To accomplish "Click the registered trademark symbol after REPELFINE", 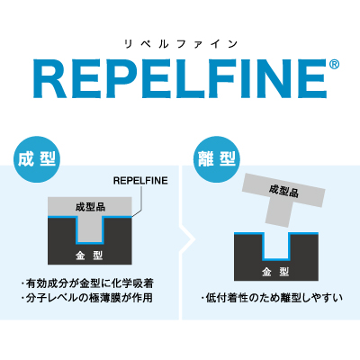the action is point(334,65).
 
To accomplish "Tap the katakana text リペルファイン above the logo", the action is point(181,45).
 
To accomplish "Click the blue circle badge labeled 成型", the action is point(37,159).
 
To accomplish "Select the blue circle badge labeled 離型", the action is point(217,159).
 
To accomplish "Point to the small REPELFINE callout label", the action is point(140,181).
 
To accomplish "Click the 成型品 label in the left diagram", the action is point(90,207).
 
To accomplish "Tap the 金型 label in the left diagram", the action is point(89,256).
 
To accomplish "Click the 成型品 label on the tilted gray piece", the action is point(283,191).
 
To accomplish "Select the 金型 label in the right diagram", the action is point(275,272).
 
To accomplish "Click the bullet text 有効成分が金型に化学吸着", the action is point(87,283).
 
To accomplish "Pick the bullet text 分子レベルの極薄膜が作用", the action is point(87,298).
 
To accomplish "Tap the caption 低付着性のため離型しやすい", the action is point(272,298).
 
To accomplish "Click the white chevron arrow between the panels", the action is point(188,239).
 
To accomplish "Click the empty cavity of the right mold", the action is point(276,246).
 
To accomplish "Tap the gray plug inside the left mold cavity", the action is point(90,228).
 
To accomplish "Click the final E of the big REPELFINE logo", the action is point(312,79).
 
